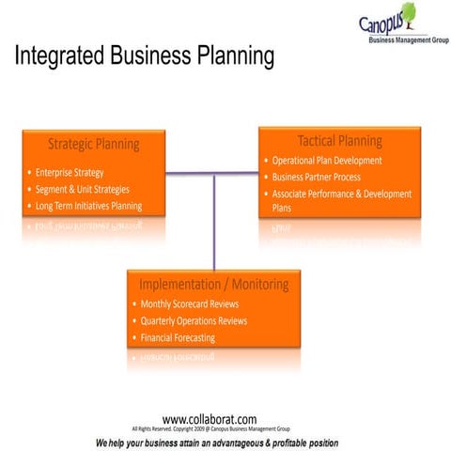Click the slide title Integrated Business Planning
click(144, 57)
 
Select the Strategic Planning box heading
click(93, 144)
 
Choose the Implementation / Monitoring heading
click(213, 284)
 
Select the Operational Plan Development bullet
click(327, 161)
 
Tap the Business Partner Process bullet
click(317, 177)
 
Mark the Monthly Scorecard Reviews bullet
click(189, 304)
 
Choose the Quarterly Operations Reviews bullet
click(194, 320)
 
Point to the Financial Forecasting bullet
click(178, 336)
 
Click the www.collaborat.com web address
click(210, 419)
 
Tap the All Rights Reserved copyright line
click(210, 428)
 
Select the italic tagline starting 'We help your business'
click(217, 442)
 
